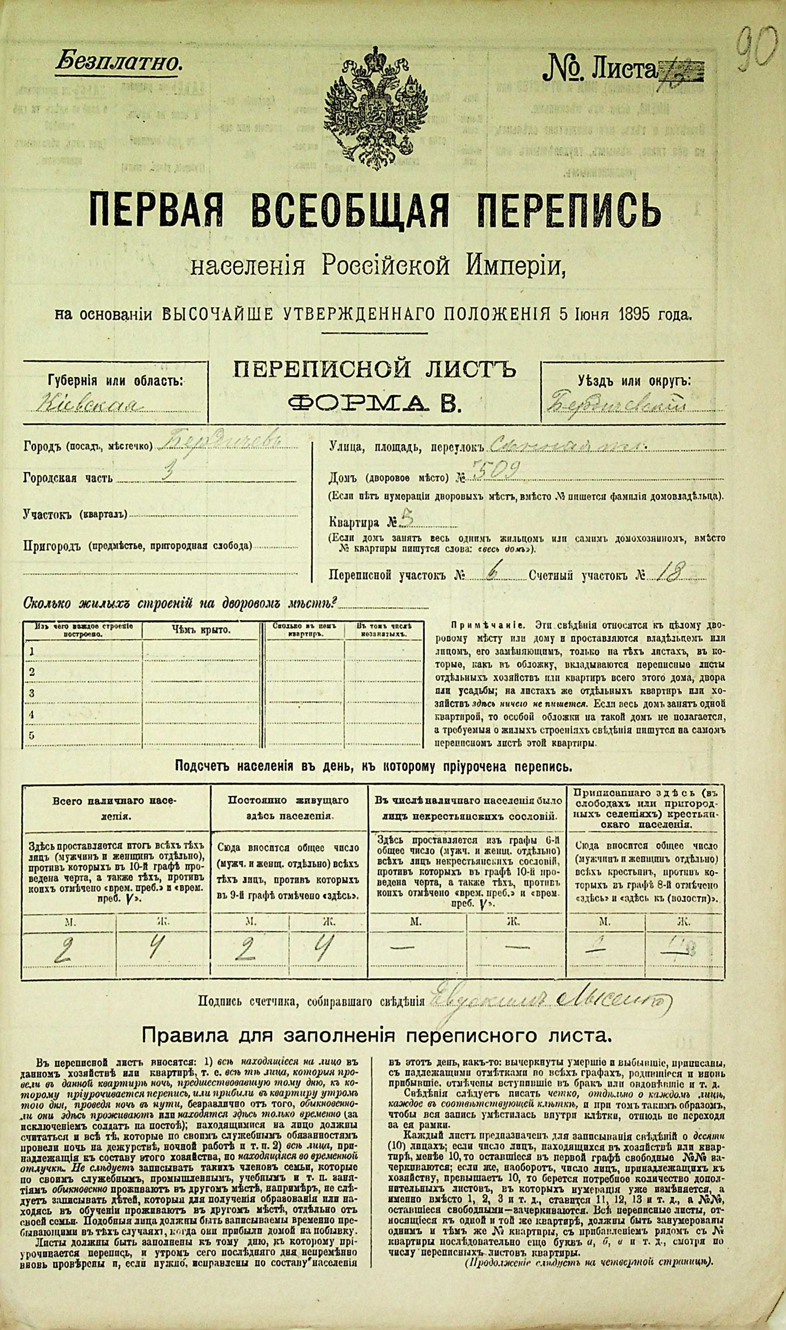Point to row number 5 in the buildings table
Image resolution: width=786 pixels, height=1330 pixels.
pyautogui.click(x=32, y=735)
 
